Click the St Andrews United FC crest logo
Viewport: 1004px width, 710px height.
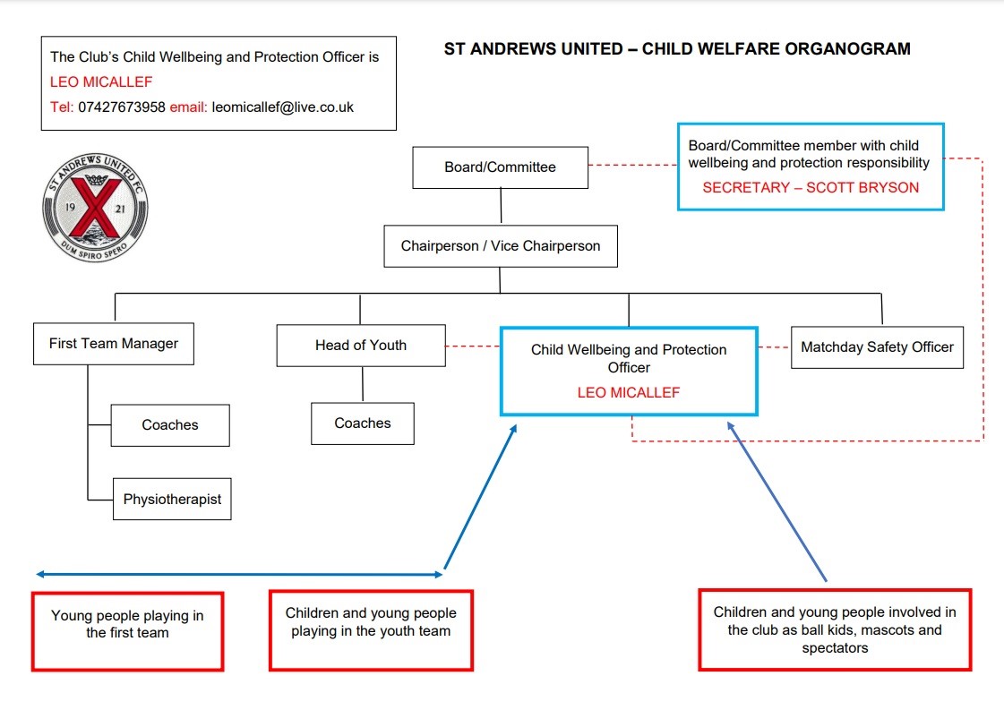95,206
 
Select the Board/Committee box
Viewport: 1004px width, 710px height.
500,167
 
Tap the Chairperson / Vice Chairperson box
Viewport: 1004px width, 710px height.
500,246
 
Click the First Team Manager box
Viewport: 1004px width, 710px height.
113,344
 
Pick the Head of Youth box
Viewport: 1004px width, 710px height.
360,346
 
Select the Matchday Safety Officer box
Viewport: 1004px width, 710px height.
876,347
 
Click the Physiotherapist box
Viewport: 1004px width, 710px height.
172,500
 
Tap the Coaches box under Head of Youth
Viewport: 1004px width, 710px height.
362,423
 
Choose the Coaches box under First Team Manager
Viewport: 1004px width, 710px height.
170,425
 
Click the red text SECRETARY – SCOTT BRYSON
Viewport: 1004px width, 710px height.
811,188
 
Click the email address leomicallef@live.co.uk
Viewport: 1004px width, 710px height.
283,107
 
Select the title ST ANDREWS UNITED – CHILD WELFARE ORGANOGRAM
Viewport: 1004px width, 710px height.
677,49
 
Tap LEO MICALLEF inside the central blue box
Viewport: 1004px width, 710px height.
628,393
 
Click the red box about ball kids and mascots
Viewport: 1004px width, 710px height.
834,629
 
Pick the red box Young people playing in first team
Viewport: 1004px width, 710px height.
127,629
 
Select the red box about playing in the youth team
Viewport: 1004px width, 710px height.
371,629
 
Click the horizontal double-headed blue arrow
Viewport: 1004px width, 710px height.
240,574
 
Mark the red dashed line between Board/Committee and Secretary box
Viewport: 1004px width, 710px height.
632,165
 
